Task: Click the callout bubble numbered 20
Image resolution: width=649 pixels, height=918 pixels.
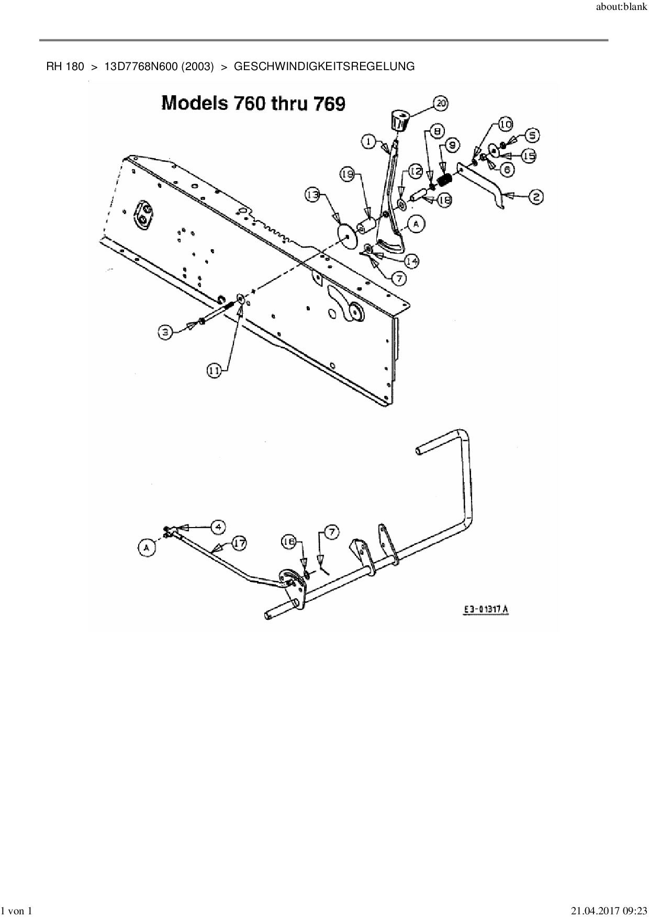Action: [441, 104]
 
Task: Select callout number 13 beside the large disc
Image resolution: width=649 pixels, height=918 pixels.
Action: [312, 195]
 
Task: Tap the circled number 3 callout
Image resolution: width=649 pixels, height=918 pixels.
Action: [166, 331]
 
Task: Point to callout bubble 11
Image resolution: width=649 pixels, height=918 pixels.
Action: [214, 370]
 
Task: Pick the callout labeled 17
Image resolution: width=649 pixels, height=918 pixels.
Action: [239, 543]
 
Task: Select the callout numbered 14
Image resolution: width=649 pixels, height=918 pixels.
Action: [412, 260]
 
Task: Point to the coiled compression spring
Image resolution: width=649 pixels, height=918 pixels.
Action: [445, 181]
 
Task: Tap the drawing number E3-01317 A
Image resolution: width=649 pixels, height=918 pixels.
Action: [486, 609]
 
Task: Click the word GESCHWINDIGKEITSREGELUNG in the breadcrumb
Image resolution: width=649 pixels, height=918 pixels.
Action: [324, 67]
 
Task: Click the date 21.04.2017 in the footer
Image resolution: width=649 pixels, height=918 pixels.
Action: [592, 911]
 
